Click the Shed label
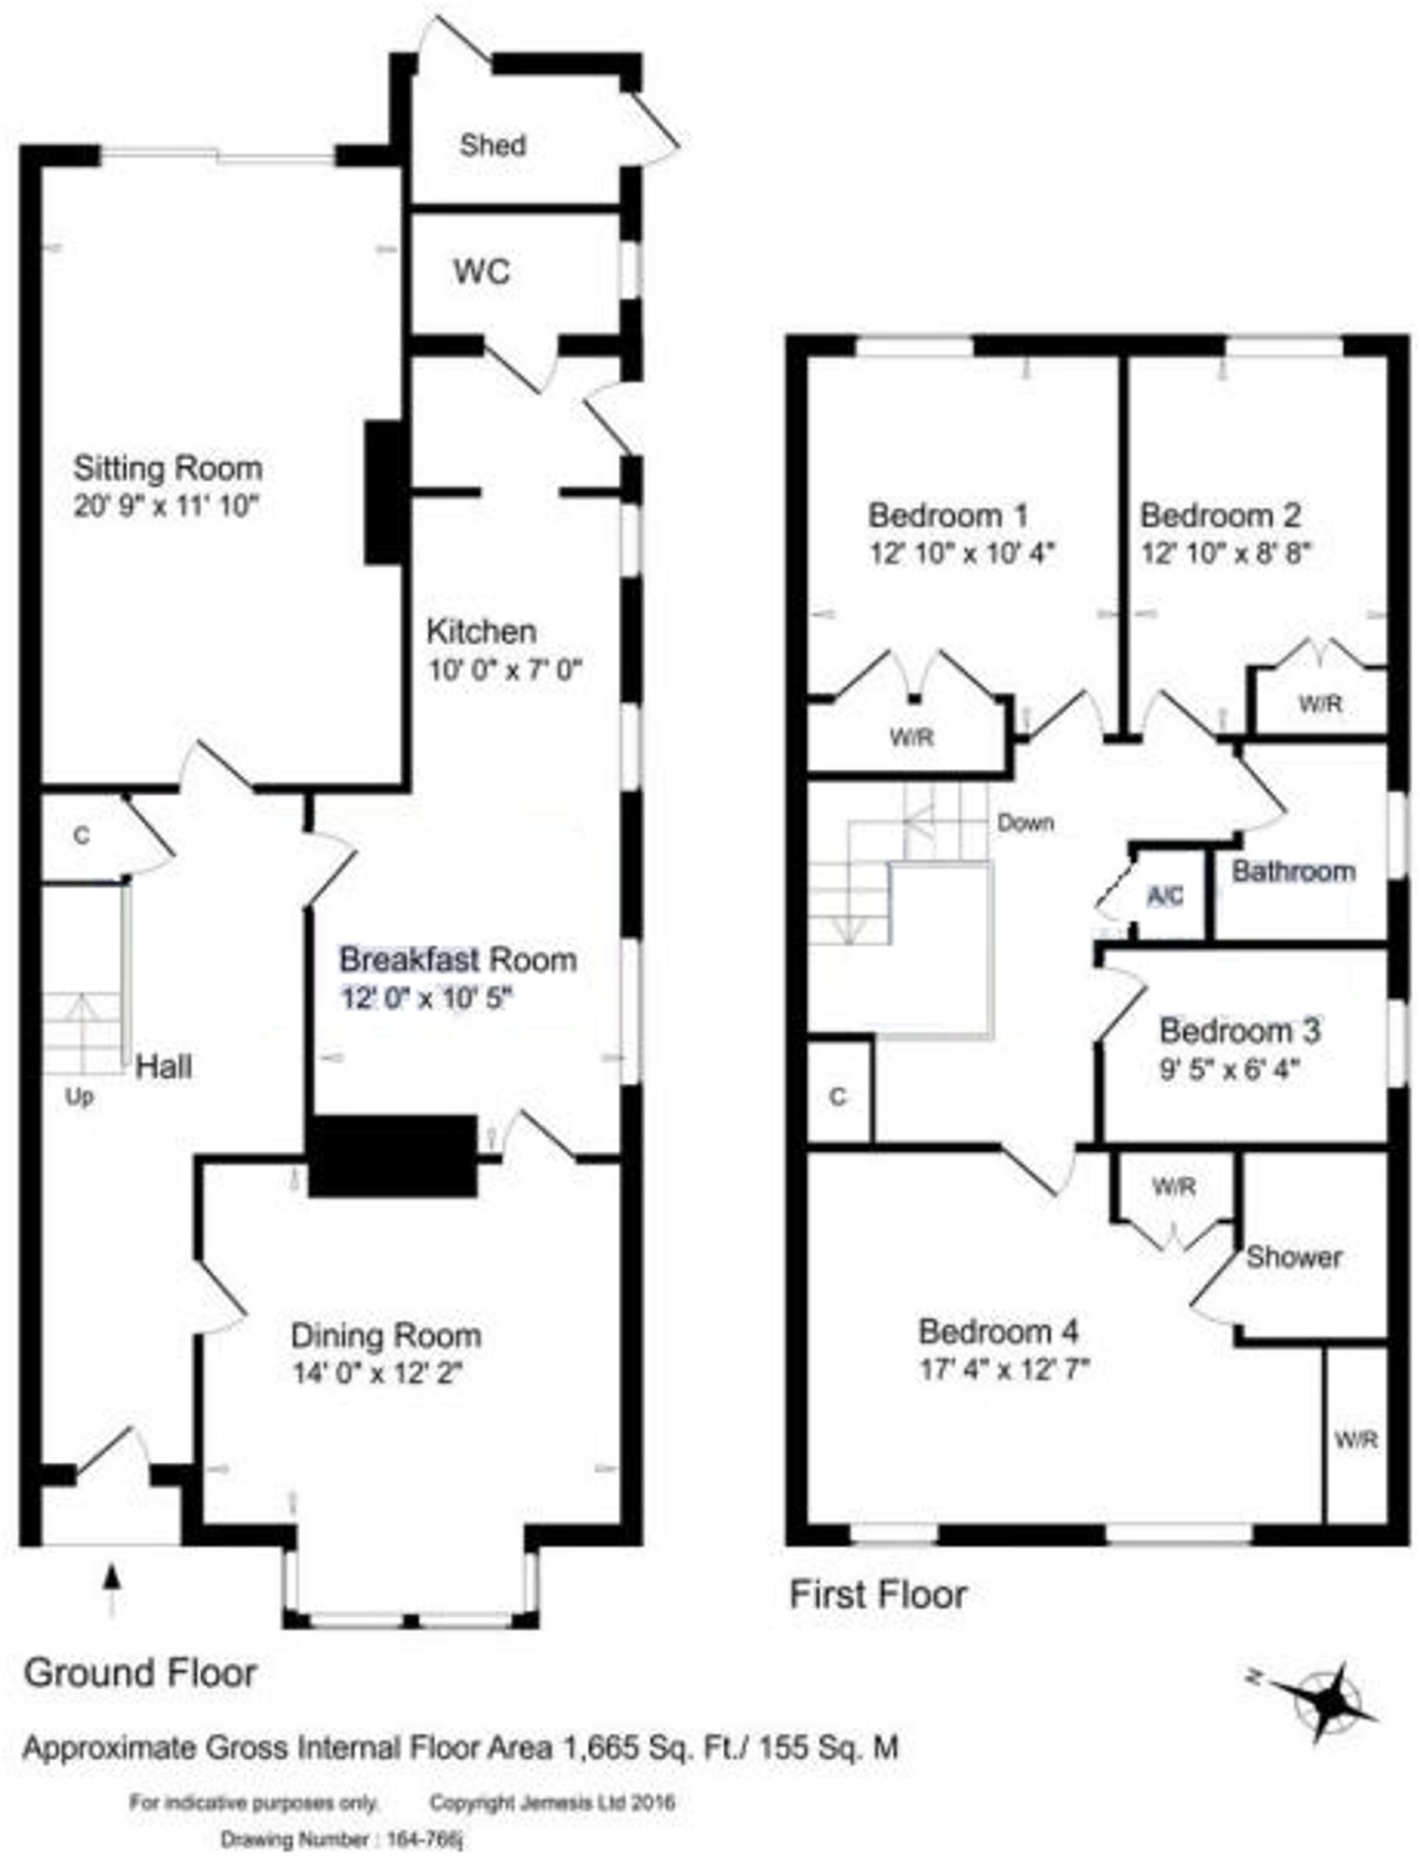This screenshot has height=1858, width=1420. click(492, 145)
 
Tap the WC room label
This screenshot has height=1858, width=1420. click(482, 271)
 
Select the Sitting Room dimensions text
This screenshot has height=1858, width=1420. click(167, 506)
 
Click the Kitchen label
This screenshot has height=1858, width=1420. click(482, 631)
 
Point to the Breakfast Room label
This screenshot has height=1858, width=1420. click(458, 959)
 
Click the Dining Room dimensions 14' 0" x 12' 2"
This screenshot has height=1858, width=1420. click(377, 1374)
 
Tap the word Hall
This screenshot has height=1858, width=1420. click(163, 1067)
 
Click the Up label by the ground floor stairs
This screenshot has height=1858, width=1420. click(80, 1097)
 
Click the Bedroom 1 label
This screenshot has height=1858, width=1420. click(948, 515)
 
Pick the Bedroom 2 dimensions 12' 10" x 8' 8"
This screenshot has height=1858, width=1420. click(1225, 553)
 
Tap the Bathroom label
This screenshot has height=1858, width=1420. click(1293, 872)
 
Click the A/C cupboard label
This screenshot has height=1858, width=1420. click(1165, 896)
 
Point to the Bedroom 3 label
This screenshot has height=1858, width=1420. click(1239, 1032)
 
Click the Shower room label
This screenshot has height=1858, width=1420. click(1293, 1257)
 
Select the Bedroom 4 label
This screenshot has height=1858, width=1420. click(998, 1332)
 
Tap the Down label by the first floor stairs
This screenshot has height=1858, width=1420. click(1025, 823)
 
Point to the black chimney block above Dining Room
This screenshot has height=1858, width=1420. click(392, 1155)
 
